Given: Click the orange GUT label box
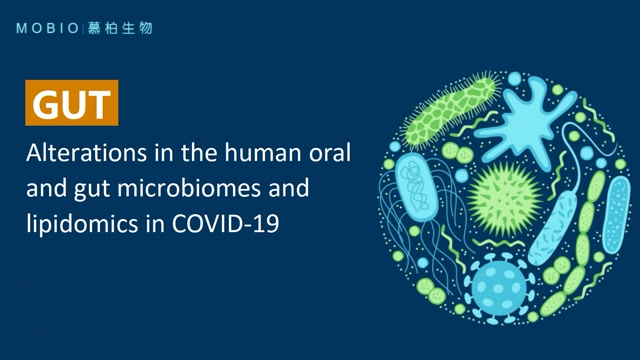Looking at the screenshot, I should click(x=72, y=104).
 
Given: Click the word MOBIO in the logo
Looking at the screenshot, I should click(x=43, y=28).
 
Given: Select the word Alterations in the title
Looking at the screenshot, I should click(x=79, y=156).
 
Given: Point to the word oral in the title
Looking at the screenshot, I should click(x=335, y=156).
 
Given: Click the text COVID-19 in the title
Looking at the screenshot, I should click(x=226, y=224).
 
